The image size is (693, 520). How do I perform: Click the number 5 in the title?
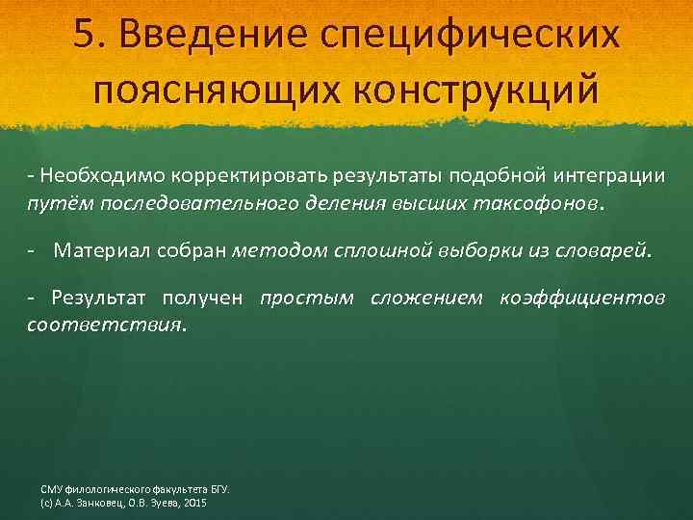point(83,35)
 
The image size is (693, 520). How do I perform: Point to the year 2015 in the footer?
point(193,503)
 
